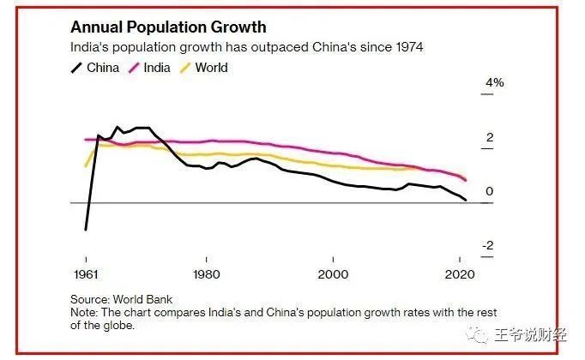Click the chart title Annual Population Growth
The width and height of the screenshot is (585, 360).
pyautogui.click(x=168, y=27)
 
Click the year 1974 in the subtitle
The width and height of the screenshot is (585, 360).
pyautogui.click(x=407, y=46)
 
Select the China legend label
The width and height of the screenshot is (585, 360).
pyautogui.click(x=103, y=67)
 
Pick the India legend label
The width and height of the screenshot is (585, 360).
pyautogui.click(x=157, y=67)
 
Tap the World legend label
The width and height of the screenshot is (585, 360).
pyautogui.click(x=211, y=67)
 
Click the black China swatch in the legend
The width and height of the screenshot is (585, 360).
pyautogui.click(x=77, y=67)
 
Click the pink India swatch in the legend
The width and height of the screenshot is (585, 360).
pyautogui.click(x=133, y=67)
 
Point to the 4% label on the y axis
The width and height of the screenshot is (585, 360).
pyautogui.click(x=495, y=83)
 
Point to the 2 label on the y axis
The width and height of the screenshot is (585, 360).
pyautogui.click(x=490, y=137)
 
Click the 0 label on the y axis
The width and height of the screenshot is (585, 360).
pyautogui.click(x=490, y=191)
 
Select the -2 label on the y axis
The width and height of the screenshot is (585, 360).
pyautogui.click(x=488, y=246)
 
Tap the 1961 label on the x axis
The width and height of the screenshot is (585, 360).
pyautogui.click(x=85, y=274)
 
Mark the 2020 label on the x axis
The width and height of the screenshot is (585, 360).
pyautogui.click(x=461, y=274)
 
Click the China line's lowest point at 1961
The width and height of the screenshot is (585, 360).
pyautogui.click(x=86, y=230)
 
